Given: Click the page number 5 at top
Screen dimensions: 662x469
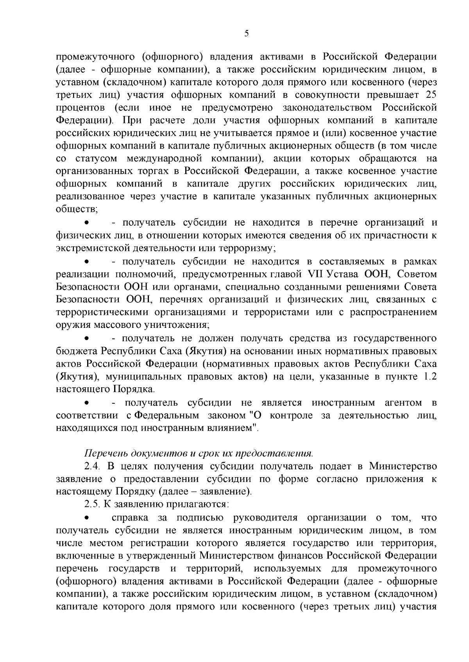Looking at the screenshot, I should coord(246,34).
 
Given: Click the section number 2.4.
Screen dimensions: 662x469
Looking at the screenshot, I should coord(93,467).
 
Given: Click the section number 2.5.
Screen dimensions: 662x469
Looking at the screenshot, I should coord(93,505).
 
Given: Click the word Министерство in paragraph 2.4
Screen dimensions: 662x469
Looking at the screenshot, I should coord(403,467).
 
